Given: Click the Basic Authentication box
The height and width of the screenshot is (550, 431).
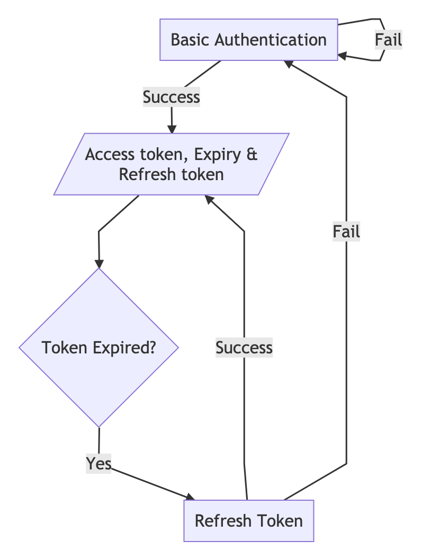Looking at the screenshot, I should [x=249, y=40].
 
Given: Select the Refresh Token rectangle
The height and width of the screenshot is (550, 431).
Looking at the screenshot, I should [x=249, y=520].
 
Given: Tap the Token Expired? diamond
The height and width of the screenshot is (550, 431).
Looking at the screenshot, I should [x=99, y=348].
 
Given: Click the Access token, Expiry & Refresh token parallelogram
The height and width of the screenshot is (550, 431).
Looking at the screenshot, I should [x=171, y=164].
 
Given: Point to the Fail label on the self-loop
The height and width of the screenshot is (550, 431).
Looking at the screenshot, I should [x=389, y=40].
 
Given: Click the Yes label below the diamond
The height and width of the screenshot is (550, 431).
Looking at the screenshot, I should [x=99, y=464].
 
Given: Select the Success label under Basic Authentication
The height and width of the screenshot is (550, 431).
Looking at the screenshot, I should [x=171, y=97].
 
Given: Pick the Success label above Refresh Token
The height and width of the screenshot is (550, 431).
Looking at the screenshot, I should [x=244, y=348].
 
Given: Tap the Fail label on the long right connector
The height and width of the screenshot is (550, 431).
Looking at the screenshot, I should [x=346, y=232].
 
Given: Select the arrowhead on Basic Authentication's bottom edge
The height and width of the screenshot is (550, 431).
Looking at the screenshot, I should [x=288, y=63].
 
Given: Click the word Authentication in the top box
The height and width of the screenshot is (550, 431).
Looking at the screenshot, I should [x=271, y=40].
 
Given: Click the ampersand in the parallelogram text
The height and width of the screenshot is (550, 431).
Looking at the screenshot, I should [x=252, y=155].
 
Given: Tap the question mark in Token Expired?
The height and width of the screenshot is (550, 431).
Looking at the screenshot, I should [x=152, y=348].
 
